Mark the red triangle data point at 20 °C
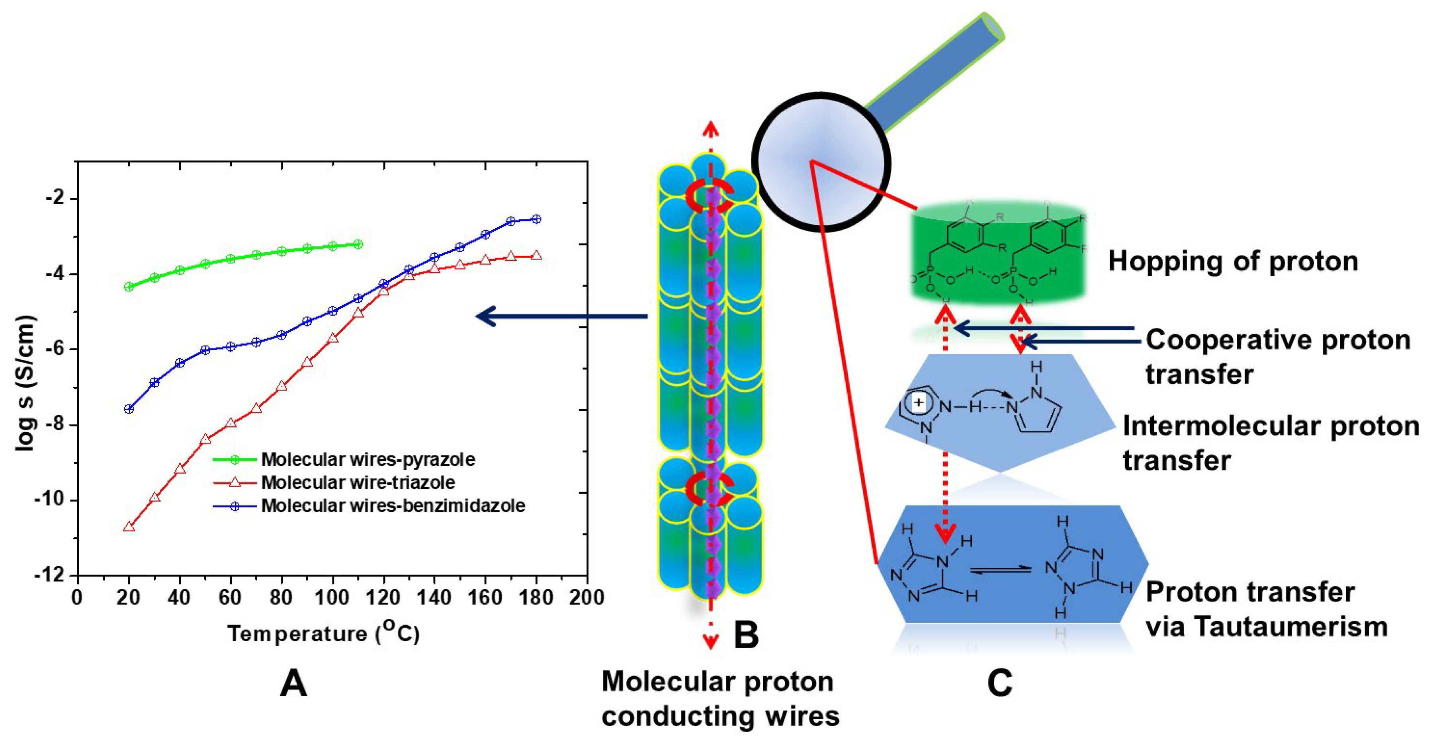tap(129, 526)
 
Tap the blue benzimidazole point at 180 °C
tap(536, 219)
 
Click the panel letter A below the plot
tap(293, 683)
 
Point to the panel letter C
tap(1000, 683)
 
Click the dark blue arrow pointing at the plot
tap(561, 316)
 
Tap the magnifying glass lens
tap(821, 162)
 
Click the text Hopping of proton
tap(1233, 261)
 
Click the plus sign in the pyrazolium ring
tap(919, 402)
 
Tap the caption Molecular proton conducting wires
tap(720, 699)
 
